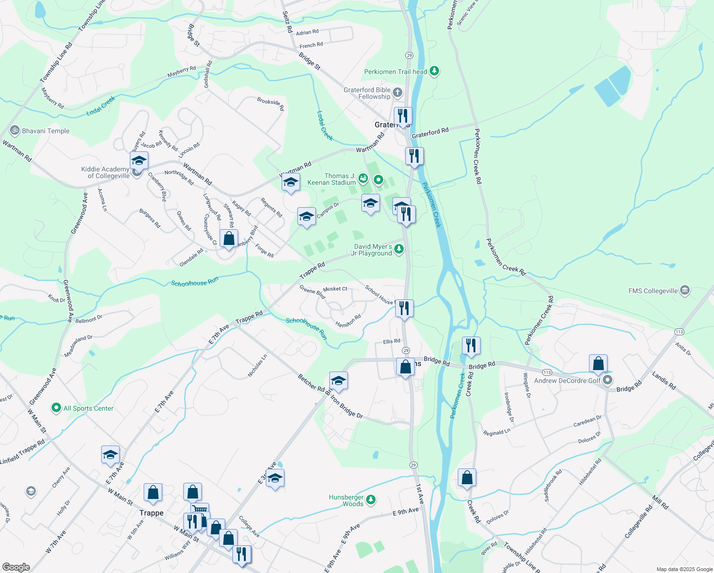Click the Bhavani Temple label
click(45, 131)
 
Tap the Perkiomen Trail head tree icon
click(434, 72)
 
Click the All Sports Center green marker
click(56, 408)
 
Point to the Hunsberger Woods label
click(346, 500)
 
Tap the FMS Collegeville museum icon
click(685, 290)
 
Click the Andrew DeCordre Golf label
click(567, 381)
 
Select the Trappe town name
click(151, 513)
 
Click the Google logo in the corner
click(16, 567)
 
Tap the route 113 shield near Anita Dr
click(679, 332)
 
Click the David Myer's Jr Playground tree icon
click(399, 249)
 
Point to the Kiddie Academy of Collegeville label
click(105, 172)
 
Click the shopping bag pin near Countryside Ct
click(229, 238)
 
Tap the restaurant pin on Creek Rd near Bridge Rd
click(471, 345)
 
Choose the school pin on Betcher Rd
click(338, 381)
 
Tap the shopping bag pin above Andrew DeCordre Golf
click(598, 364)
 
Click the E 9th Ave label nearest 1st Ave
click(406, 511)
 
